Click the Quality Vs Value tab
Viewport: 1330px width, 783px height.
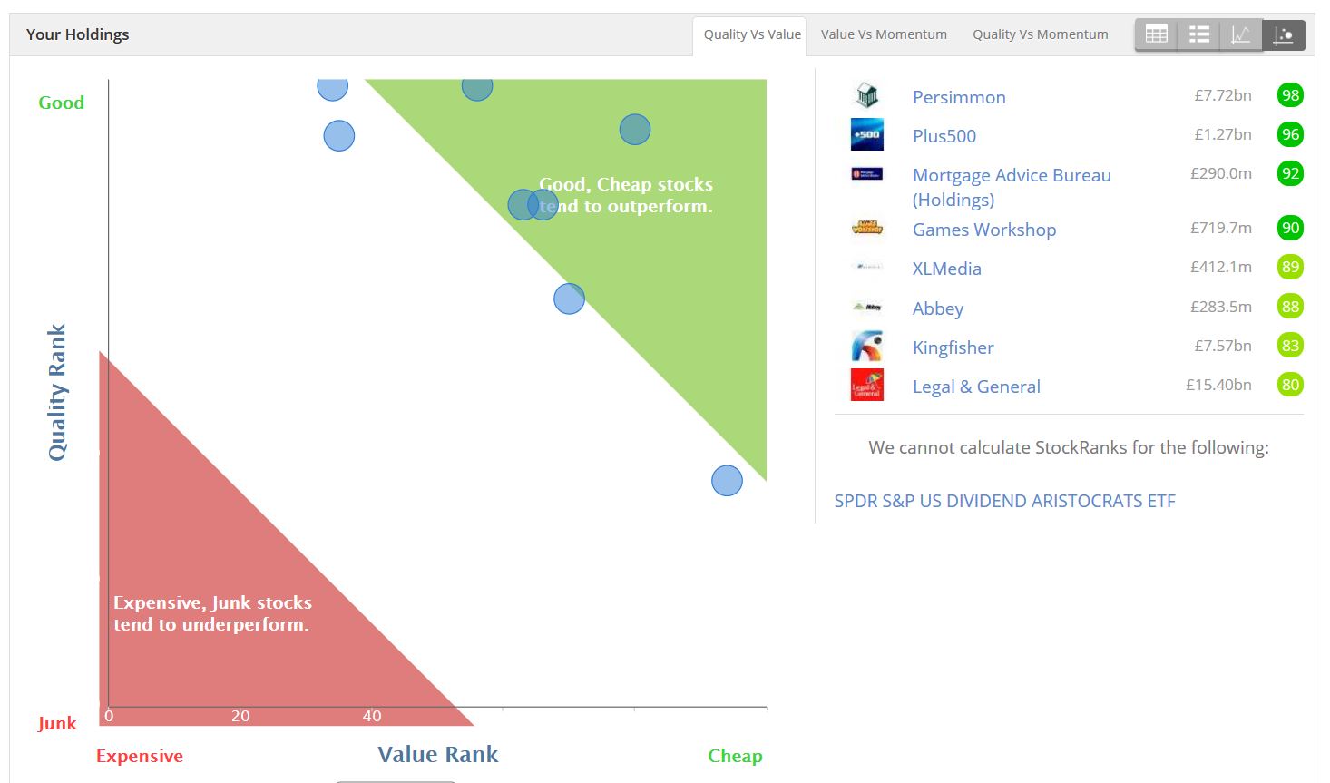click(752, 34)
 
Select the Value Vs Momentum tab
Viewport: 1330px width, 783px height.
click(884, 34)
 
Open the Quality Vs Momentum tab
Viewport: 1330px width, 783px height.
click(1040, 34)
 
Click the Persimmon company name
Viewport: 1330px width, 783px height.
click(959, 97)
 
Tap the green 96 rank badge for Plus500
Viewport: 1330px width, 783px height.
click(1289, 134)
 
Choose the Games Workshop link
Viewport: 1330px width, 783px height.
click(983, 230)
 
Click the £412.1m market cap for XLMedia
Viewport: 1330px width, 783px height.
click(1221, 267)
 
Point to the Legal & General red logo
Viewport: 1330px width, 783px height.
click(867, 385)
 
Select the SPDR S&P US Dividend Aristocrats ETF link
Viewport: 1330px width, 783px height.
click(1004, 501)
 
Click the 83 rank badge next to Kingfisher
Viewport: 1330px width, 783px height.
click(1289, 346)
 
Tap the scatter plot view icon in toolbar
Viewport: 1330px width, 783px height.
click(1284, 35)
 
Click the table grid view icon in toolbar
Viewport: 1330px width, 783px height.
click(1156, 35)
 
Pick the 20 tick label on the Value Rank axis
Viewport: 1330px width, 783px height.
click(240, 716)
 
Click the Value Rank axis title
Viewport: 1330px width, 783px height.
click(437, 754)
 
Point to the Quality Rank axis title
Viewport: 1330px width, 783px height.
click(57, 392)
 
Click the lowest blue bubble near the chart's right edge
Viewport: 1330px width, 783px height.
click(727, 480)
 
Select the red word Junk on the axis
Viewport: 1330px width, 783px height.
click(57, 723)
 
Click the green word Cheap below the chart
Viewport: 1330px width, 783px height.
click(735, 756)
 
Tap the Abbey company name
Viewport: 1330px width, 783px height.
click(937, 308)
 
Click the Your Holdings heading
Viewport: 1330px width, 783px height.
click(77, 34)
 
